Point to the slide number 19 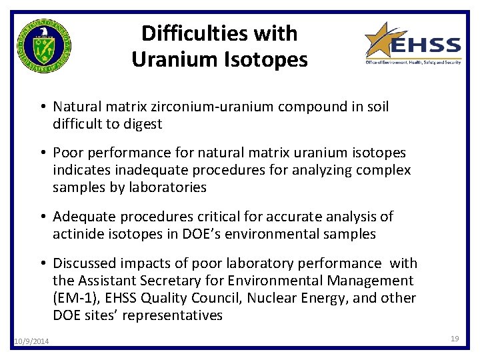pyautogui.click(x=455, y=339)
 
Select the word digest pyautogui.click(x=143, y=124)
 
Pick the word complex pyautogui.click(x=388, y=170)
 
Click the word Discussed pyautogui.click(x=84, y=263)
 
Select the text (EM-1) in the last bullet pyautogui.click(x=74, y=298)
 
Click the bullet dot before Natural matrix pyautogui.click(x=42, y=107)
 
